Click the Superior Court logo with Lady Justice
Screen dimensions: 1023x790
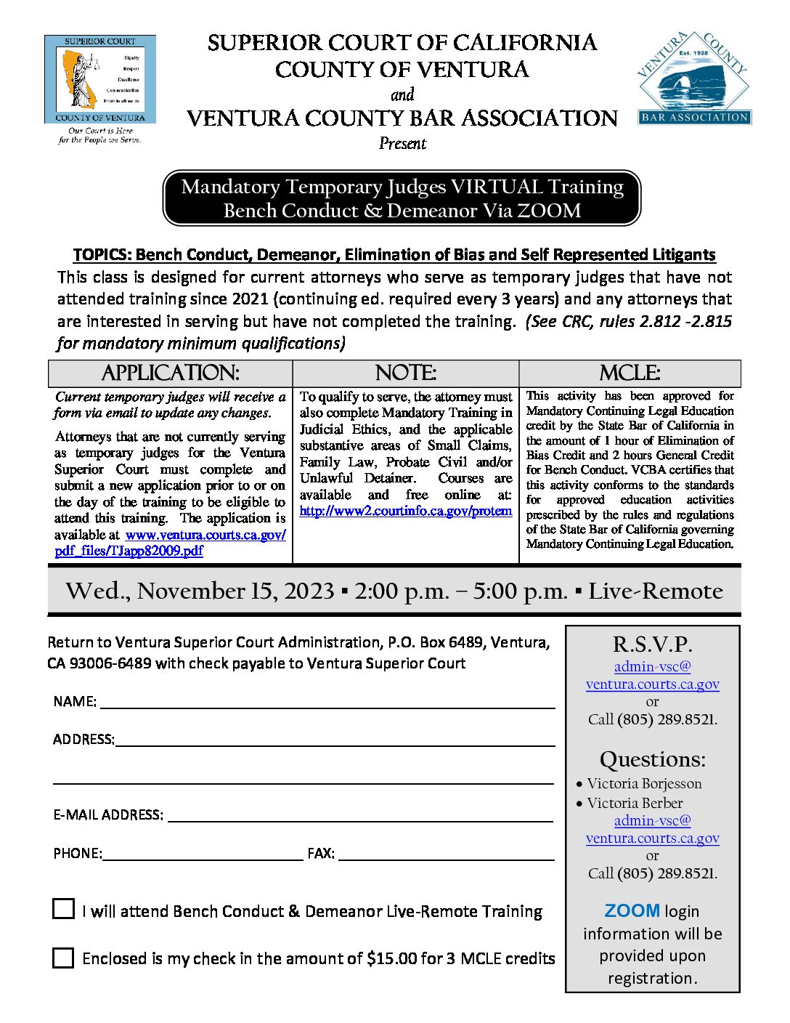(x=99, y=80)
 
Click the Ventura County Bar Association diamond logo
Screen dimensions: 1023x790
(x=694, y=78)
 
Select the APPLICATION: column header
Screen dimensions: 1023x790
(x=170, y=373)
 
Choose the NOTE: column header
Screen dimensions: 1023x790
(x=405, y=373)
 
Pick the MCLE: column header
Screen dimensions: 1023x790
(x=630, y=373)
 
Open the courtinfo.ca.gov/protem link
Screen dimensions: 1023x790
(x=405, y=511)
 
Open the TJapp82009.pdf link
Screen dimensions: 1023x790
(x=129, y=551)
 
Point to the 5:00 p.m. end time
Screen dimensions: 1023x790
(x=520, y=591)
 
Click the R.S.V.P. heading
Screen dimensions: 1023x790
(x=652, y=644)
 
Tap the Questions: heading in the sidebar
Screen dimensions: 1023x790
(x=652, y=759)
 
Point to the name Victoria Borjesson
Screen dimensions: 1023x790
(x=644, y=784)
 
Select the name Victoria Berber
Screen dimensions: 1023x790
(x=635, y=804)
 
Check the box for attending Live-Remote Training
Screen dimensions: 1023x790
(x=64, y=909)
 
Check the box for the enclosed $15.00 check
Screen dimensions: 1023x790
(x=64, y=958)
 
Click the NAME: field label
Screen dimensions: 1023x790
(x=75, y=702)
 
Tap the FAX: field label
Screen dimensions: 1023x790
(x=321, y=854)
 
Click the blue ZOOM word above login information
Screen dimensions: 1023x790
(x=632, y=911)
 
